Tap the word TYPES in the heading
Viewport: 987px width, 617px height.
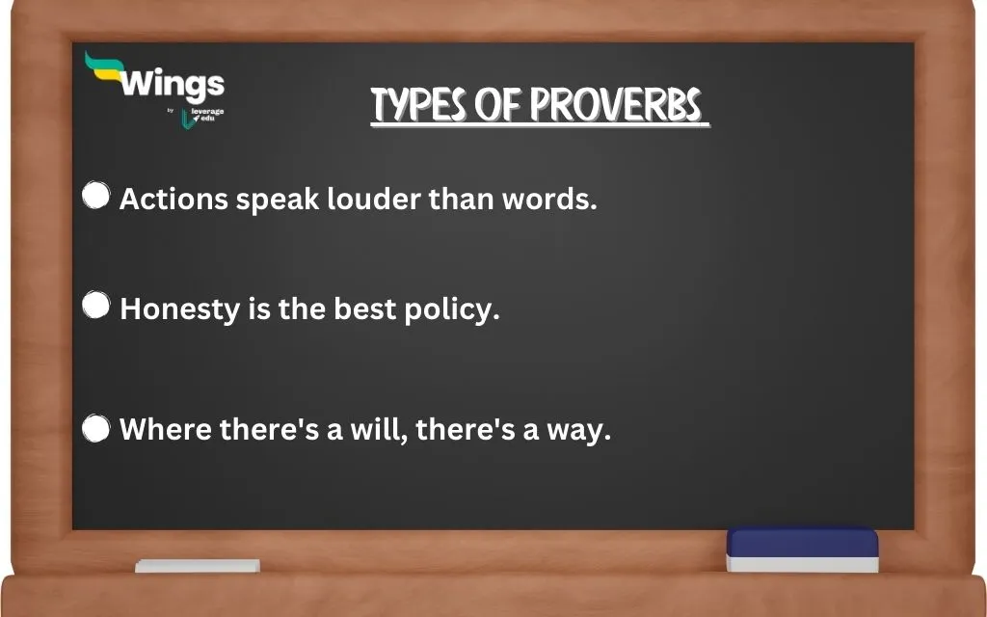418,107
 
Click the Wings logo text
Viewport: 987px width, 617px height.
173,85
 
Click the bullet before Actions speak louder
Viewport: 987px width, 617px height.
95,196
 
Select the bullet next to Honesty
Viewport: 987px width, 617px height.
95,306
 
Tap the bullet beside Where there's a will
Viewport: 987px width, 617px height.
95,428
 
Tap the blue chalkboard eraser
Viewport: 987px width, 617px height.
802,549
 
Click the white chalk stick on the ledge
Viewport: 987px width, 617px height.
197,566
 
